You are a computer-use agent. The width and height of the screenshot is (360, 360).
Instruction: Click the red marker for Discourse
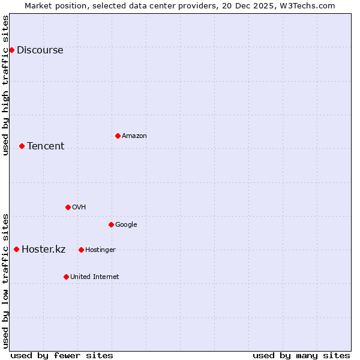tap(11, 50)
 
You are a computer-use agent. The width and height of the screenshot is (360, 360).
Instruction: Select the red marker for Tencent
tap(22, 146)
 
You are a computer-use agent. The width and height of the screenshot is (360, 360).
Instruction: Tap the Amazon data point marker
tap(118, 136)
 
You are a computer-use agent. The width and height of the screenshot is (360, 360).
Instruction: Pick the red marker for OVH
tap(68, 207)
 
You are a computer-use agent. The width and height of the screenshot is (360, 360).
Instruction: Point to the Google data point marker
tap(111, 224)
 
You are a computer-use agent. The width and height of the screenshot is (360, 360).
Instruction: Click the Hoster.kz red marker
tap(16, 249)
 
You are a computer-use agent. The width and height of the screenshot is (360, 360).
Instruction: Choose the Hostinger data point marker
tap(81, 250)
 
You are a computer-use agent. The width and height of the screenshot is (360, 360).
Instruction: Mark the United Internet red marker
tap(66, 277)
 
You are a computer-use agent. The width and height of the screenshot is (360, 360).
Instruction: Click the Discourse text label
tap(40, 50)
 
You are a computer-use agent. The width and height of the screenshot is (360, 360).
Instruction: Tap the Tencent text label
tap(46, 146)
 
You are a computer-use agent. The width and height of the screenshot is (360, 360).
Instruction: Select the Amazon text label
tap(134, 136)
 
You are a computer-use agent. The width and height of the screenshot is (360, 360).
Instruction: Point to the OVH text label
tap(79, 208)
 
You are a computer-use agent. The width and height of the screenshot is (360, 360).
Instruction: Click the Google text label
tap(126, 225)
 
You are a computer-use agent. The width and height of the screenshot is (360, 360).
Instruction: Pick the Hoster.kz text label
tap(43, 250)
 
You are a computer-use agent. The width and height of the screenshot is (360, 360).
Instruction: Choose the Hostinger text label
tap(100, 250)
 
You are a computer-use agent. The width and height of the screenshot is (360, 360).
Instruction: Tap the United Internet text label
tap(94, 277)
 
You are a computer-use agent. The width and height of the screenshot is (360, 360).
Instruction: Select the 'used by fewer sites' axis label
tap(62, 355)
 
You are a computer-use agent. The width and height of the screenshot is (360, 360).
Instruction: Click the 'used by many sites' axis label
tap(301, 355)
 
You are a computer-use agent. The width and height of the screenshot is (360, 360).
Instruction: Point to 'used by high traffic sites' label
tap(5, 85)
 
